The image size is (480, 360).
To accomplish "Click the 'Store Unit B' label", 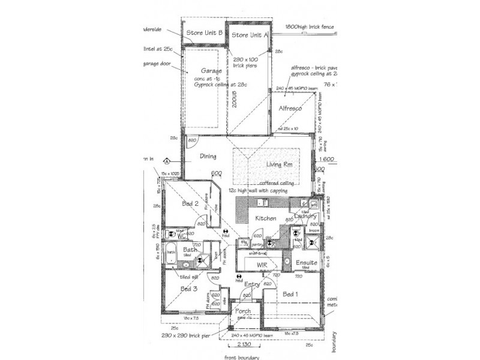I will pyautogui.click(x=205, y=32).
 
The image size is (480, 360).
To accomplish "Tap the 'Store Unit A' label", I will pyautogui.click(x=249, y=35).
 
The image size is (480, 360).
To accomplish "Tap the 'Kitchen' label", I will pyautogui.click(x=265, y=219).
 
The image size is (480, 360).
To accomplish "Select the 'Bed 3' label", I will pyautogui.click(x=189, y=289).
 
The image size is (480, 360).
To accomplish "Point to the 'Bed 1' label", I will pyautogui.click(x=290, y=294).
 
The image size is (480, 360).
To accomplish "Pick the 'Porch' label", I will pyautogui.click(x=243, y=311).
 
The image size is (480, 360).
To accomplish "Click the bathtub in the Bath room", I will pyautogui.click(x=171, y=253).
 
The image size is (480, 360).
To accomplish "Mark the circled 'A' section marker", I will pyautogui.click(x=166, y=161).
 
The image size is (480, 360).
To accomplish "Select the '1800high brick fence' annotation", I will pyautogui.click(x=309, y=27).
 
